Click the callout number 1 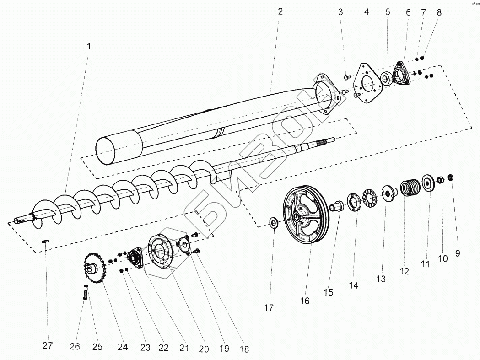click(x=89, y=46)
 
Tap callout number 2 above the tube click(x=280, y=11)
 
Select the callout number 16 click(x=305, y=301)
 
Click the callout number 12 click(x=404, y=271)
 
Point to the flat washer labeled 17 click(x=273, y=224)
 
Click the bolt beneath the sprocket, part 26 click(x=86, y=293)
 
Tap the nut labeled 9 click(x=450, y=177)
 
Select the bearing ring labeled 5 click(x=385, y=79)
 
